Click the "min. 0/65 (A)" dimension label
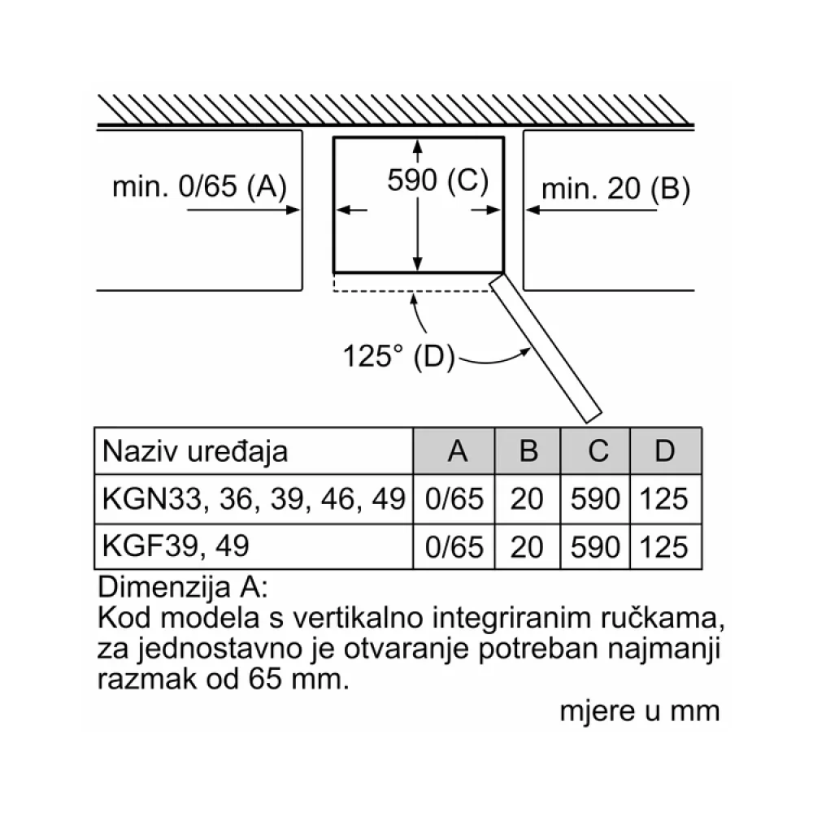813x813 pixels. pyautogui.click(x=200, y=186)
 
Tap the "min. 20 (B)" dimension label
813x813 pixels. pyautogui.click(x=616, y=189)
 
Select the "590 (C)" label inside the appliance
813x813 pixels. pyautogui.click(x=438, y=181)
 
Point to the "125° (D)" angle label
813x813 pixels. pyautogui.click(x=398, y=356)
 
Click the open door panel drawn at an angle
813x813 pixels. pyautogui.click(x=546, y=347)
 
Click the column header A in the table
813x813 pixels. pyautogui.click(x=457, y=450)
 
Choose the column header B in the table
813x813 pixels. pyautogui.click(x=528, y=450)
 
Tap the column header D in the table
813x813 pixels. pyautogui.click(x=665, y=450)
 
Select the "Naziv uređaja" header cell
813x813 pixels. pyautogui.click(x=195, y=451)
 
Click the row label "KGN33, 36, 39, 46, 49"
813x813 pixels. pyautogui.click(x=254, y=499)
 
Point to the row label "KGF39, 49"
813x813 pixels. pyautogui.click(x=176, y=546)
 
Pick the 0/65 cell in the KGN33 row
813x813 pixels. pyautogui.click(x=454, y=499)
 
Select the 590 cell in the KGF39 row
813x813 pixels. pyautogui.click(x=595, y=547)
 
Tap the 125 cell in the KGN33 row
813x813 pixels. pyautogui.click(x=663, y=499)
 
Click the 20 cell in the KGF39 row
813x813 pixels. pyautogui.click(x=527, y=547)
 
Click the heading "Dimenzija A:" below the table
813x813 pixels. pyautogui.click(x=183, y=588)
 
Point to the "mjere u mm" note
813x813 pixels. pyautogui.click(x=640, y=711)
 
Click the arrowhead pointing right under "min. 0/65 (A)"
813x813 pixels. pyautogui.click(x=293, y=210)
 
